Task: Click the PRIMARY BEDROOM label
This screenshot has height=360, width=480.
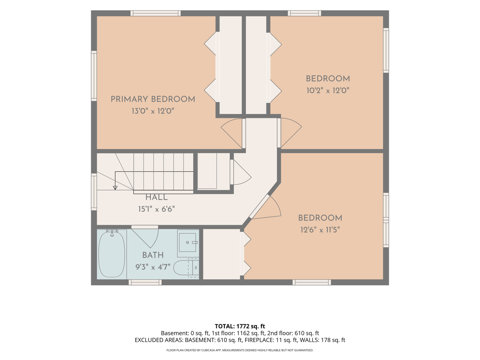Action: pos(153,99)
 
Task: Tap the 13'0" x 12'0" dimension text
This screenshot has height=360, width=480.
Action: pos(153,111)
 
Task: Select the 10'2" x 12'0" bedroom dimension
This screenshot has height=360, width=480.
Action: pos(328,90)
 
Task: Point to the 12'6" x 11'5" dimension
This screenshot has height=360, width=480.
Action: pos(320,230)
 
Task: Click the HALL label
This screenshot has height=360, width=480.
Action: pos(156,197)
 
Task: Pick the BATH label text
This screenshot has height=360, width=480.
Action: pos(153,255)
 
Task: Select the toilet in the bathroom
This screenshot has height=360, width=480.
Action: pos(186,268)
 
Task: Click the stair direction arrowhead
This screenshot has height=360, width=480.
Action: pos(115,188)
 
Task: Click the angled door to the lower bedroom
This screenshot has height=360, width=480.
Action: pos(265,207)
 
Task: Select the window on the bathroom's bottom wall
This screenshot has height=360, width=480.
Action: pos(145,282)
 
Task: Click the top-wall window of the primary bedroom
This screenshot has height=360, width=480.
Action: pos(156,13)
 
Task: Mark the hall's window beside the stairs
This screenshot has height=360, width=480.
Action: pos(94,192)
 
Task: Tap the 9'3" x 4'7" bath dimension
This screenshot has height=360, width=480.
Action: pos(153,267)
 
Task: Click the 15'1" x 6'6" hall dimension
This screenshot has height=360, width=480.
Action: pos(156,209)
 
